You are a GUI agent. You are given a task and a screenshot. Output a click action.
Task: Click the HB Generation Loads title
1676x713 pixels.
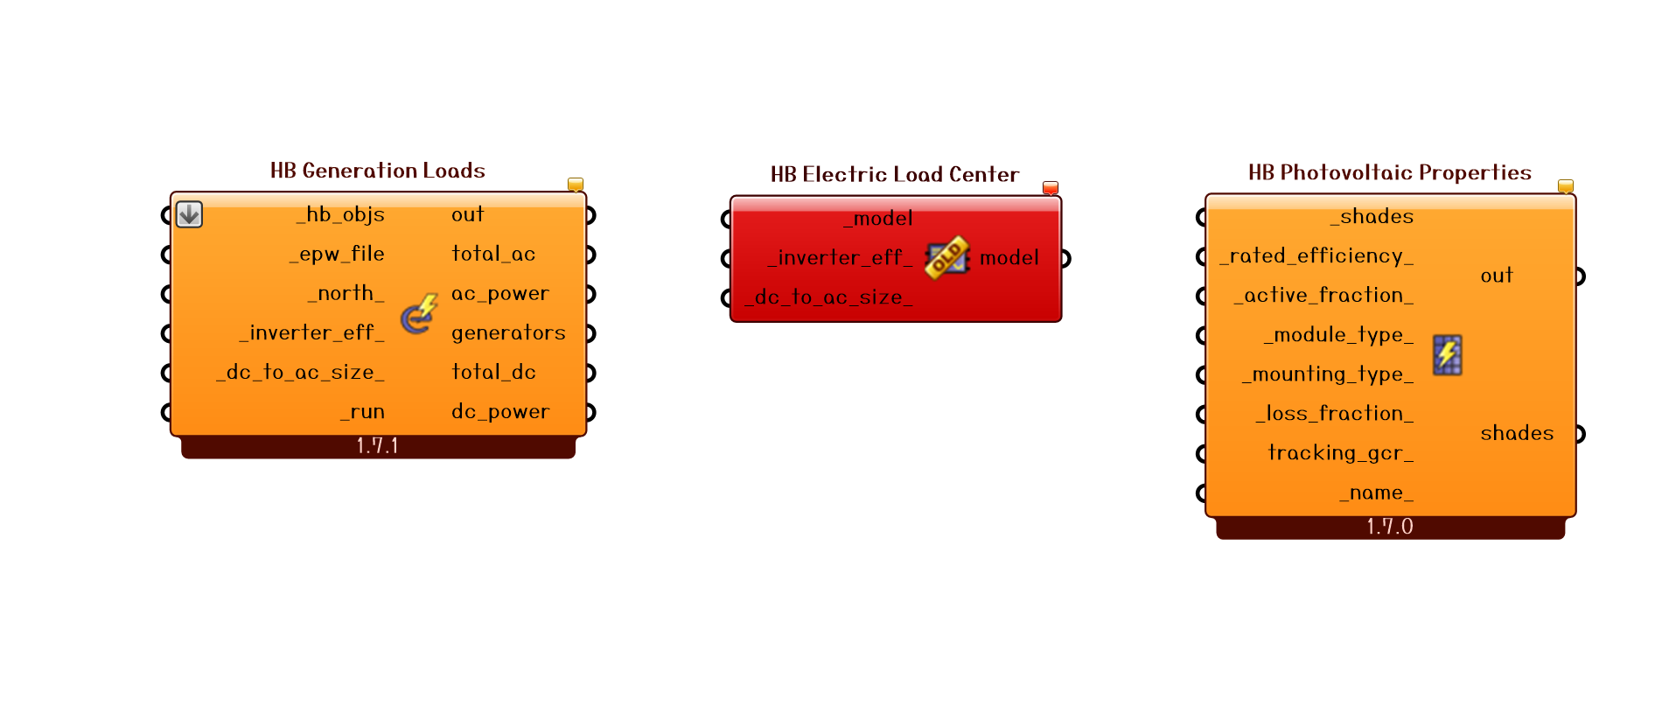pyautogui.click(x=377, y=171)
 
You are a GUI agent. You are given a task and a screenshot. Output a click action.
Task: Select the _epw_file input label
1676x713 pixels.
pyautogui.click(x=337, y=254)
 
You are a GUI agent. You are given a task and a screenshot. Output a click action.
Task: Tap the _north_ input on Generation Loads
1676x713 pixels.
pyautogui.click(x=346, y=293)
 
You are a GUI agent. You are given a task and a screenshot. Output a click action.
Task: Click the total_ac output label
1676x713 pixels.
pyautogui.click(x=493, y=254)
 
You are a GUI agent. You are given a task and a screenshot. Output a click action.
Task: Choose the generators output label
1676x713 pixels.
pyautogui.click(x=508, y=332)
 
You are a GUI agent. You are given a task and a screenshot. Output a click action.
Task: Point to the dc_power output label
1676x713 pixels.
pyautogui.click(x=500, y=411)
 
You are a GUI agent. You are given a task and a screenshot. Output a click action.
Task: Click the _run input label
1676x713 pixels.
pyautogui.click(x=362, y=411)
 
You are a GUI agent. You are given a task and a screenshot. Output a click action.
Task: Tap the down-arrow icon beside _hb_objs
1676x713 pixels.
pyautogui.click(x=189, y=214)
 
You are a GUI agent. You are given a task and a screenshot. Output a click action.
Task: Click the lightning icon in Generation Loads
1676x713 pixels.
pyautogui.click(x=419, y=314)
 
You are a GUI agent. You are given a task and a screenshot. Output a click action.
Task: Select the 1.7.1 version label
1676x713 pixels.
pyautogui.click(x=378, y=446)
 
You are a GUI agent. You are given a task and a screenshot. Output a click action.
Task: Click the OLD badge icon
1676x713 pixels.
pyautogui.click(x=946, y=257)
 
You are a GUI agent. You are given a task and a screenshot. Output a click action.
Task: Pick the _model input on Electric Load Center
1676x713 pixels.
pyautogui.click(x=878, y=218)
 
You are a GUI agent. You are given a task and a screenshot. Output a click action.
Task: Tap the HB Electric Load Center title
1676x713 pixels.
pyautogui.click(x=894, y=174)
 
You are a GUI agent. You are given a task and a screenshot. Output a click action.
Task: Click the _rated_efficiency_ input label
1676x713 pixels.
pyautogui.click(x=1316, y=255)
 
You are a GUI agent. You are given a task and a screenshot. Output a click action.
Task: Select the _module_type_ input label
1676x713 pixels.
pyautogui.click(x=1338, y=334)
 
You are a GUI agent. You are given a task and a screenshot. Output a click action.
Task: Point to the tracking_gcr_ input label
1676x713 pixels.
pyautogui.click(x=1340, y=452)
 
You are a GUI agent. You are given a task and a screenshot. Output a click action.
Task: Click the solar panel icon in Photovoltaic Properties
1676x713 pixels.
pyautogui.click(x=1447, y=354)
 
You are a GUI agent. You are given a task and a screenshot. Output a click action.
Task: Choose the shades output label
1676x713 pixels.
pyautogui.click(x=1517, y=433)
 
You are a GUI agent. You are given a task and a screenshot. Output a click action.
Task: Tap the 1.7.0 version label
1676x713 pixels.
pyautogui.click(x=1390, y=527)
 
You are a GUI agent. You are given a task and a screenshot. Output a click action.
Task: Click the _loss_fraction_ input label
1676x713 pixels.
pyautogui.click(x=1334, y=413)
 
